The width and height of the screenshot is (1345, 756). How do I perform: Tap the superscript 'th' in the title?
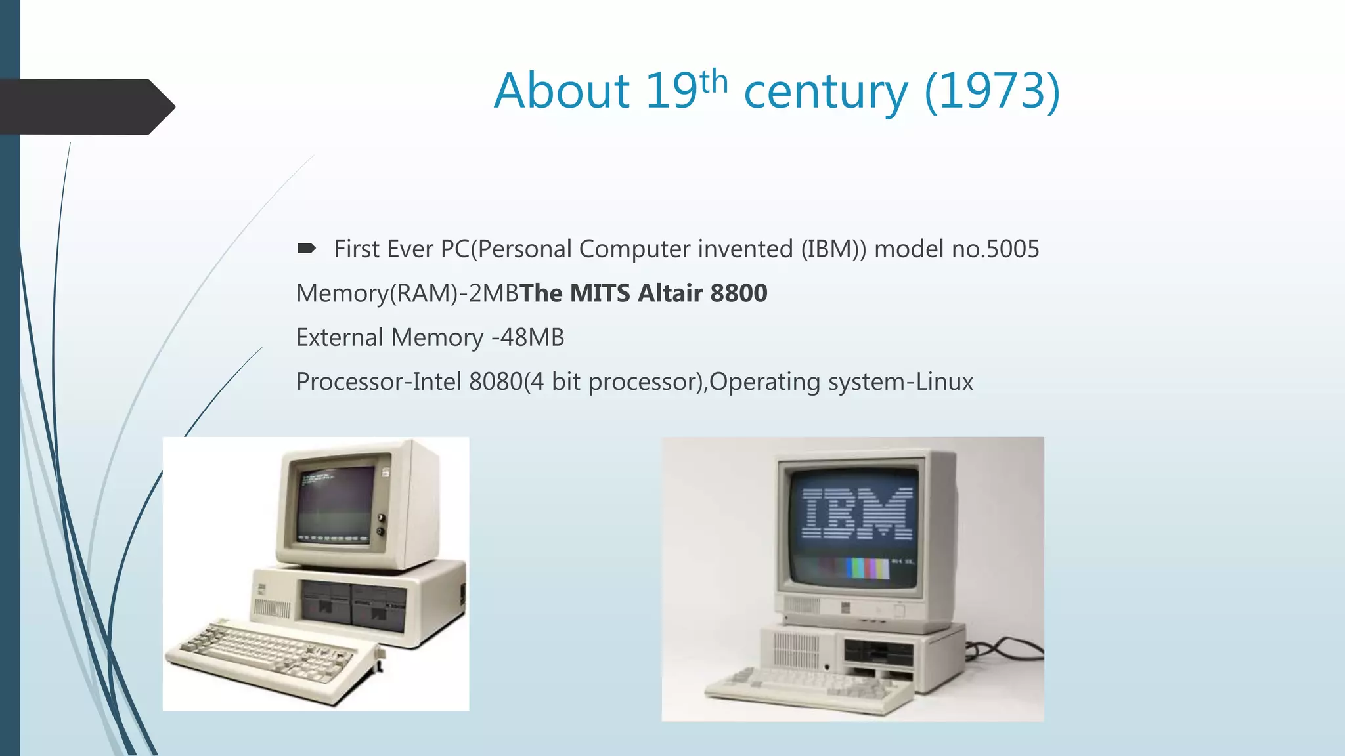pos(714,82)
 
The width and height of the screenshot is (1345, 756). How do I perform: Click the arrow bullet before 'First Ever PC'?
pos(306,248)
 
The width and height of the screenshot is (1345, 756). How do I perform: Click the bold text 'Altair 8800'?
pos(703,293)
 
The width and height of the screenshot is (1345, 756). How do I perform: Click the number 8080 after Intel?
pos(496,381)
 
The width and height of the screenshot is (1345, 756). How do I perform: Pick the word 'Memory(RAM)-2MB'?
pos(407,293)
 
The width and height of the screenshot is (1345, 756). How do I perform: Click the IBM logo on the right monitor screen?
pos(857,513)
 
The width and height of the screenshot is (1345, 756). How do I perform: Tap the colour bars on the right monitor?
pos(867,568)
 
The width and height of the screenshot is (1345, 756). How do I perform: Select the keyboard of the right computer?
pos(808,689)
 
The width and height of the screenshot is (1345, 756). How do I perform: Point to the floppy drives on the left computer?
pos(353,605)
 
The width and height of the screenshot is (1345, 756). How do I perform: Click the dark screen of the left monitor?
pos(335,505)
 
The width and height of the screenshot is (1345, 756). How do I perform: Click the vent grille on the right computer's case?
pos(796,650)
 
